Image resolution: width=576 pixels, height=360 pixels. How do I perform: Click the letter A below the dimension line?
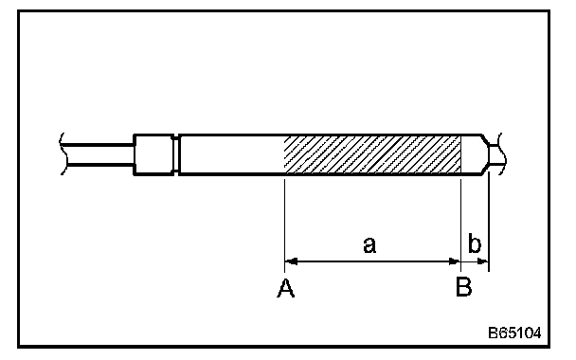(285, 288)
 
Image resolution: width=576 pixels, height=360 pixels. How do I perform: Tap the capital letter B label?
(463, 287)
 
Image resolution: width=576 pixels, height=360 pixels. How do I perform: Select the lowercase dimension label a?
(369, 245)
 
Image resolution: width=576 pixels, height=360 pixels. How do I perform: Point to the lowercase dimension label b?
(475, 243)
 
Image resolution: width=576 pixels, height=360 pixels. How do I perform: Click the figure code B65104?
(514, 333)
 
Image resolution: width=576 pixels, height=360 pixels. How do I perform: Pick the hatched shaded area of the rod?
(372, 154)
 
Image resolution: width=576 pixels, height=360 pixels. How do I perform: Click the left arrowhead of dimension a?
(291, 261)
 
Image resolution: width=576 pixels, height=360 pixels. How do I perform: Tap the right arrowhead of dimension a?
(455, 261)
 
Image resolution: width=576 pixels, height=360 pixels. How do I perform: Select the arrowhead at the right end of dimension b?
(483, 261)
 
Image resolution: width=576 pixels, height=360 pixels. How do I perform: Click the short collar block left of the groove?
(153, 154)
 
